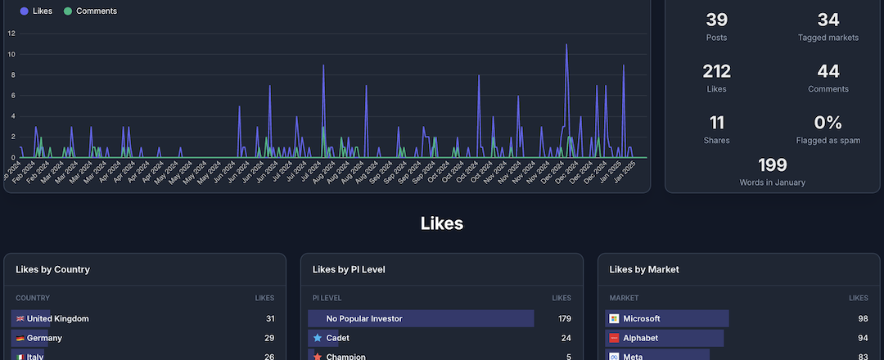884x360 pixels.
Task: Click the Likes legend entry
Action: point(36,11)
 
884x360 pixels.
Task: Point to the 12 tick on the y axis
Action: point(11,34)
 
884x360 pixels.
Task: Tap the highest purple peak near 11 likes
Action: point(566,45)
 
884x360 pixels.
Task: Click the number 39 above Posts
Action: point(716,20)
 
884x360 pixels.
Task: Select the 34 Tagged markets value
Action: point(828,20)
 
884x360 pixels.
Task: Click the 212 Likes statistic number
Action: point(716,71)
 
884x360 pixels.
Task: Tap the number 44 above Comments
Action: point(828,71)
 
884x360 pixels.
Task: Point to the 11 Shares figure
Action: point(716,123)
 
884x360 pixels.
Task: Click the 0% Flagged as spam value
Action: point(828,123)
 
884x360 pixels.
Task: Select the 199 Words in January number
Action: point(772,165)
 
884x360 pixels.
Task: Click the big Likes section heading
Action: point(442,223)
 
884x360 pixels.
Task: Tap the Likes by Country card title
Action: point(53,269)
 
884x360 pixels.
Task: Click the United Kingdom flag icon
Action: point(20,318)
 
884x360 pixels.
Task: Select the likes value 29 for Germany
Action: point(270,338)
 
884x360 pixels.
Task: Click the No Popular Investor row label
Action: point(364,318)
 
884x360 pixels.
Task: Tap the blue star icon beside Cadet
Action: point(317,338)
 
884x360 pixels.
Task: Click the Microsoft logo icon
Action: point(614,318)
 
